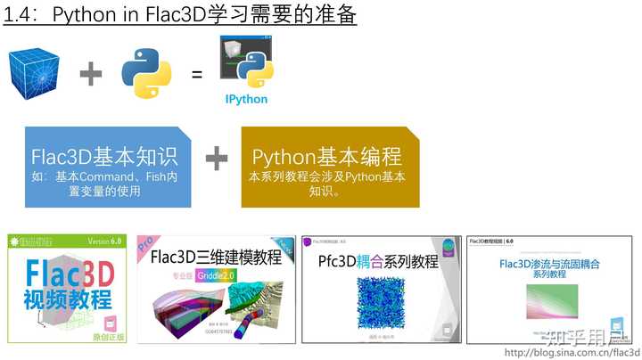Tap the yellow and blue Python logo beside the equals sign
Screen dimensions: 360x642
coord(146,73)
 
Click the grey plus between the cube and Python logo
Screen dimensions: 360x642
coord(91,74)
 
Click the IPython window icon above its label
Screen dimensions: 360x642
coord(246,63)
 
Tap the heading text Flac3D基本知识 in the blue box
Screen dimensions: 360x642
coord(104,157)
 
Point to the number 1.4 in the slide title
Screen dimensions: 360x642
coord(20,15)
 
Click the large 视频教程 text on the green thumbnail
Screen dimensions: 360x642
coord(69,299)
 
